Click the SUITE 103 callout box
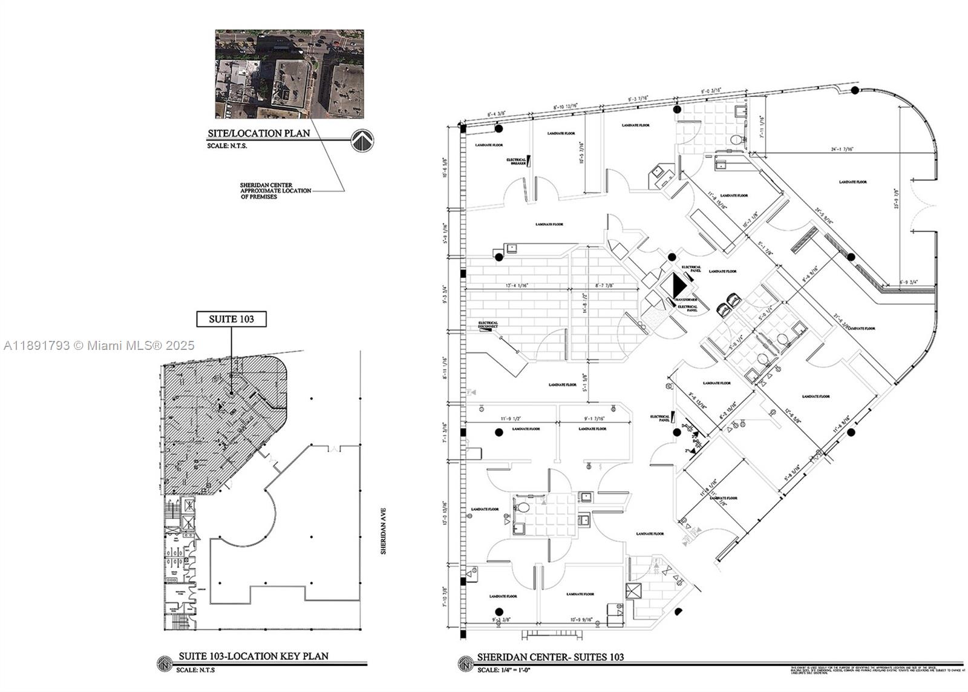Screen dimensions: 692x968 point(231,319)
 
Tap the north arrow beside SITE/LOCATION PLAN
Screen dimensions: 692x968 point(362,140)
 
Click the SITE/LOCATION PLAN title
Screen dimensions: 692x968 point(259,133)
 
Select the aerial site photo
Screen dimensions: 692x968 point(289,74)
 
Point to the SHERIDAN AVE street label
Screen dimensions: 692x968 point(382,531)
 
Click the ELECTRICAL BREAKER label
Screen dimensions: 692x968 point(516,162)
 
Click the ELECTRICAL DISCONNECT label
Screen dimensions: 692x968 point(488,325)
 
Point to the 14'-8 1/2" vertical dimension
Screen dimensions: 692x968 point(584,304)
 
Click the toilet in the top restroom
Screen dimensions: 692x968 point(736,140)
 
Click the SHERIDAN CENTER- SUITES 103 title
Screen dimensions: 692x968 point(550,657)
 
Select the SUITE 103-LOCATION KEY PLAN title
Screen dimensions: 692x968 point(253,656)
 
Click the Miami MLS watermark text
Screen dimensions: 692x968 point(99,345)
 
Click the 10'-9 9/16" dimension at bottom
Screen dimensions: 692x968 point(581,620)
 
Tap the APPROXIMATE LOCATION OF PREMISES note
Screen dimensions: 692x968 point(275,191)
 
